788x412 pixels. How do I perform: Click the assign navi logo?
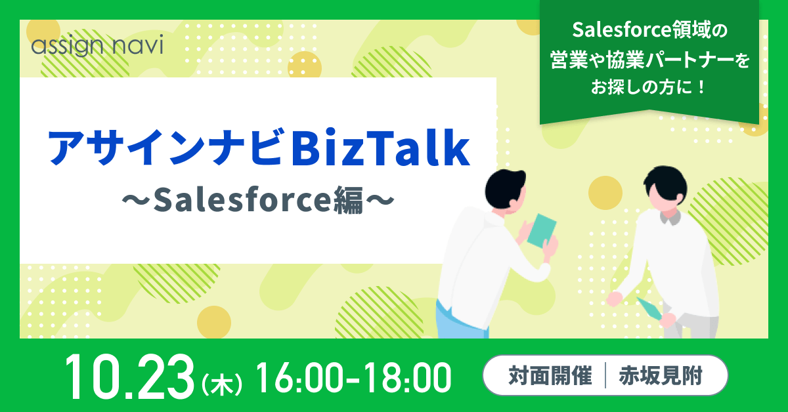click(x=97, y=45)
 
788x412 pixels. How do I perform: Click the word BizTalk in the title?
click(x=380, y=148)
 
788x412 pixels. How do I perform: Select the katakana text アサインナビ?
click(x=165, y=148)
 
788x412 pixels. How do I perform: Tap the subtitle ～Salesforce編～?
click(x=258, y=199)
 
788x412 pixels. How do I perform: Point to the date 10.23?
click(x=129, y=377)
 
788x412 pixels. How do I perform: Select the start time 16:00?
click(x=299, y=378)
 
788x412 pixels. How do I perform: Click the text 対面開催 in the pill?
click(x=550, y=376)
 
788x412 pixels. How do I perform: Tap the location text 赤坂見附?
click(x=661, y=376)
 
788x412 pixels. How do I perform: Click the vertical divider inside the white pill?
click(x=605, y=376)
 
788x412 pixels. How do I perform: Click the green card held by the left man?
click(x=542, y=231)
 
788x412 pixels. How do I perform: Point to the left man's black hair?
click(x=505, y=188)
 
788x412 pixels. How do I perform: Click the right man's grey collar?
click(x=670, y=218)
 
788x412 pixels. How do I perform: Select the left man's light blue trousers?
click(x=462, y=321)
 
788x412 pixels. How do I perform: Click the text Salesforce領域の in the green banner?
click(x=649, y=30)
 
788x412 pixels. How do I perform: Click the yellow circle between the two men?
click(x=605, y=193)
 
